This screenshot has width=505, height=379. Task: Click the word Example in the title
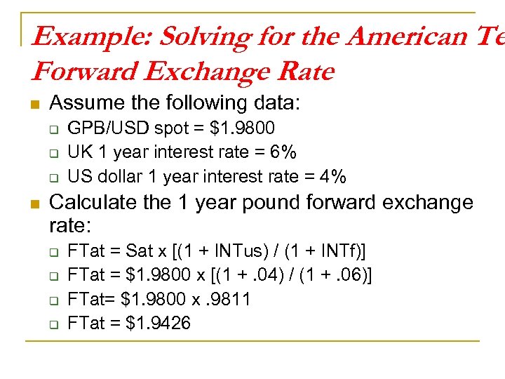79,36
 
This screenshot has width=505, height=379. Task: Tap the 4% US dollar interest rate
332,176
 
